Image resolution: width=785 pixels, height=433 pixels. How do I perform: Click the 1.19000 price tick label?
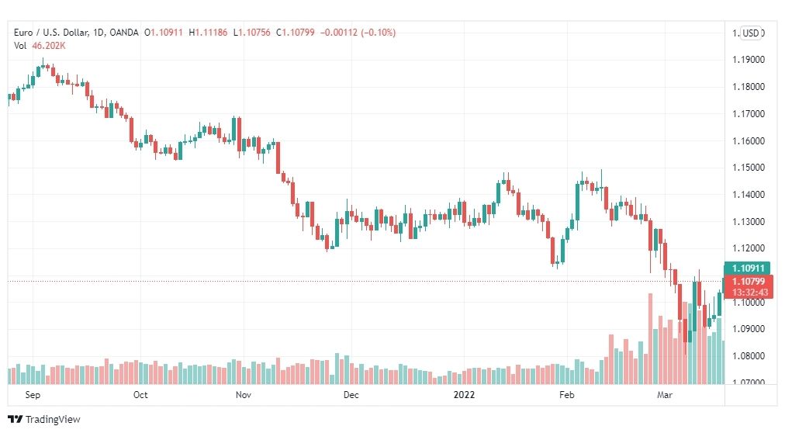point(749,60)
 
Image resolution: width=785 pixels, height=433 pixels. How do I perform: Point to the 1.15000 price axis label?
point(749,168)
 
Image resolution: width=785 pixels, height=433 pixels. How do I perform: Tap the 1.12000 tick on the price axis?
point(749,249)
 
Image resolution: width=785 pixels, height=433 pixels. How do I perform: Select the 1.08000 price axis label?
point(749,356)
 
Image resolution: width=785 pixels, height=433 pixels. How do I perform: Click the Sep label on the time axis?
point(33,395)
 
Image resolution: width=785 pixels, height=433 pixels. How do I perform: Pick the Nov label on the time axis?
point(244,395)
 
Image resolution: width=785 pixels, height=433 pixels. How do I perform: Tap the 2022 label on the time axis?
point(464,395)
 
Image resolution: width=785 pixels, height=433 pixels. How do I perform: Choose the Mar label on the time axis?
point(664,395)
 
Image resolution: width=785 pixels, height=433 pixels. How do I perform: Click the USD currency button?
point(750,33)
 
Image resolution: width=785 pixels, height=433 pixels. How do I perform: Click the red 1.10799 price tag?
point(749,282)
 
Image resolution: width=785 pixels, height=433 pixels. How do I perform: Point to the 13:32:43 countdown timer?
point(749,293)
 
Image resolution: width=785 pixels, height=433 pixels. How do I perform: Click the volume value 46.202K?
point(49,46)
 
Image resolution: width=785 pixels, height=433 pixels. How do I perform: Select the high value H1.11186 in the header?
point(208,33)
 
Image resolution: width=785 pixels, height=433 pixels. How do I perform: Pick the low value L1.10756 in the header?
point(251,33)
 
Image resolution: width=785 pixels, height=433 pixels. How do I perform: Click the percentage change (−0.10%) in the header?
point(378,33)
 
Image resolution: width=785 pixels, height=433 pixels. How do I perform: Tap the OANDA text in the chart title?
point(123,33)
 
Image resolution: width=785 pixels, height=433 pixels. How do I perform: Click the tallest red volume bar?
point(651,339)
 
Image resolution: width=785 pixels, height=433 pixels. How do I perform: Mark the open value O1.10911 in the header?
point(163,33)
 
